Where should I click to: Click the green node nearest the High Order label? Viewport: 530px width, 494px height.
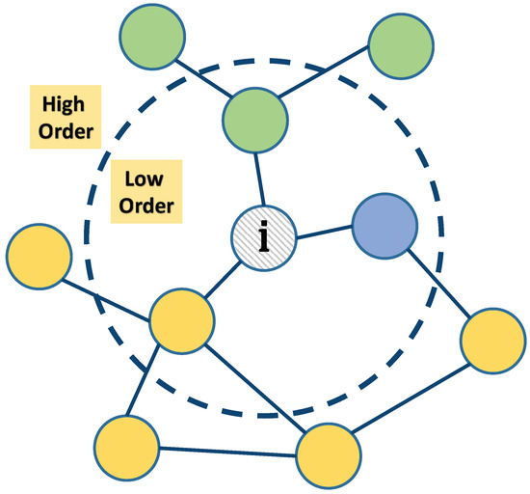[153, 37]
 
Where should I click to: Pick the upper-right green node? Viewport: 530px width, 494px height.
[400, 46]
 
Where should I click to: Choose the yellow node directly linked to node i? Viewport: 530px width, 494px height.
[180, 318]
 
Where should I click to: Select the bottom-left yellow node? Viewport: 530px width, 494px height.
[125, 448]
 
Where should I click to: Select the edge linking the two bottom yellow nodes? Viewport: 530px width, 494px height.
[226, 452]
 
